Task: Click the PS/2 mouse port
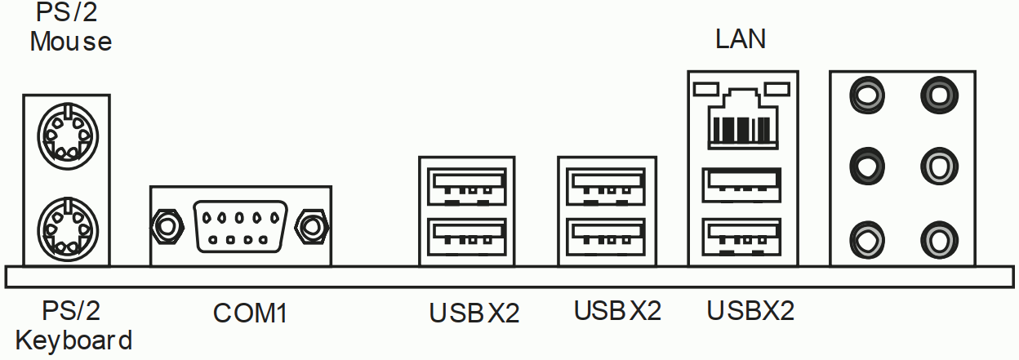tap(68, 132)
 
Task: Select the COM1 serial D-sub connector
tap(239, 224)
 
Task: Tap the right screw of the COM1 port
tap(311, 224)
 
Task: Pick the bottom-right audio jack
tap(937, 238)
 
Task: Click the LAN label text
tap(741, 39)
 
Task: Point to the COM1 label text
tap(249, 313)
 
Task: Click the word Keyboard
tap(73, 340)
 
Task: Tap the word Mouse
tap(70, 41)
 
